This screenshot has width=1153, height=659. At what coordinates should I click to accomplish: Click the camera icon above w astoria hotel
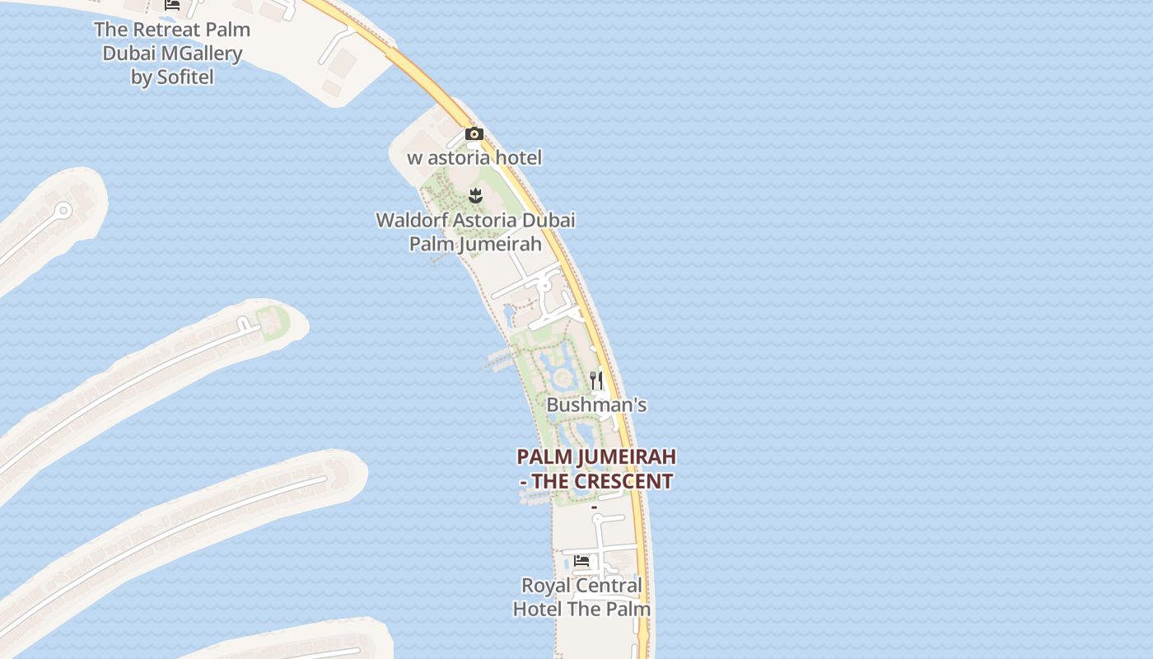474,133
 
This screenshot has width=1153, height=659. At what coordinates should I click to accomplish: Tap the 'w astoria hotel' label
474,157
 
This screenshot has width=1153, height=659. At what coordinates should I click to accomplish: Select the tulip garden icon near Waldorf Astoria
475,195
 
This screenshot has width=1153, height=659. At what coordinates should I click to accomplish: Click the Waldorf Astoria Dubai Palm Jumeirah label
475,231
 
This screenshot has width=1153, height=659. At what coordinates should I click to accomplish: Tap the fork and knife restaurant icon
596,381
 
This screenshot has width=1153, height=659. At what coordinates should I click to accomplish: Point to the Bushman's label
596,405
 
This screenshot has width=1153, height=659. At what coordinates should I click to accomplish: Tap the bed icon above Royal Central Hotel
581,561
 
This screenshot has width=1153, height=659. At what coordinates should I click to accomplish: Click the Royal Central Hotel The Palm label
581,597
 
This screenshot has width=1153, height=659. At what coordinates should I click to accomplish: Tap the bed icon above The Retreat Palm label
172,4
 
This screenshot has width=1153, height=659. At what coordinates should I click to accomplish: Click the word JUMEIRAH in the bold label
628,457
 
